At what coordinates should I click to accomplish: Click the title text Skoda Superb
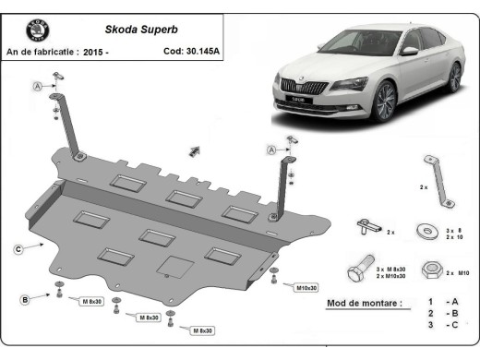point(135,30)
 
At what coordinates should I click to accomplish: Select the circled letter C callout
point(18,247)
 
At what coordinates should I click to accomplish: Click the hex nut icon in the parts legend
point(428,271)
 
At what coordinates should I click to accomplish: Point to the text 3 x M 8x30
point(391,268)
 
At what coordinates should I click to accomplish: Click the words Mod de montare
point(365,303)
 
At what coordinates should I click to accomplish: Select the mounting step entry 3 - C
point(439,326)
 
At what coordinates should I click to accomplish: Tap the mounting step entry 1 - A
point(439,303)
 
